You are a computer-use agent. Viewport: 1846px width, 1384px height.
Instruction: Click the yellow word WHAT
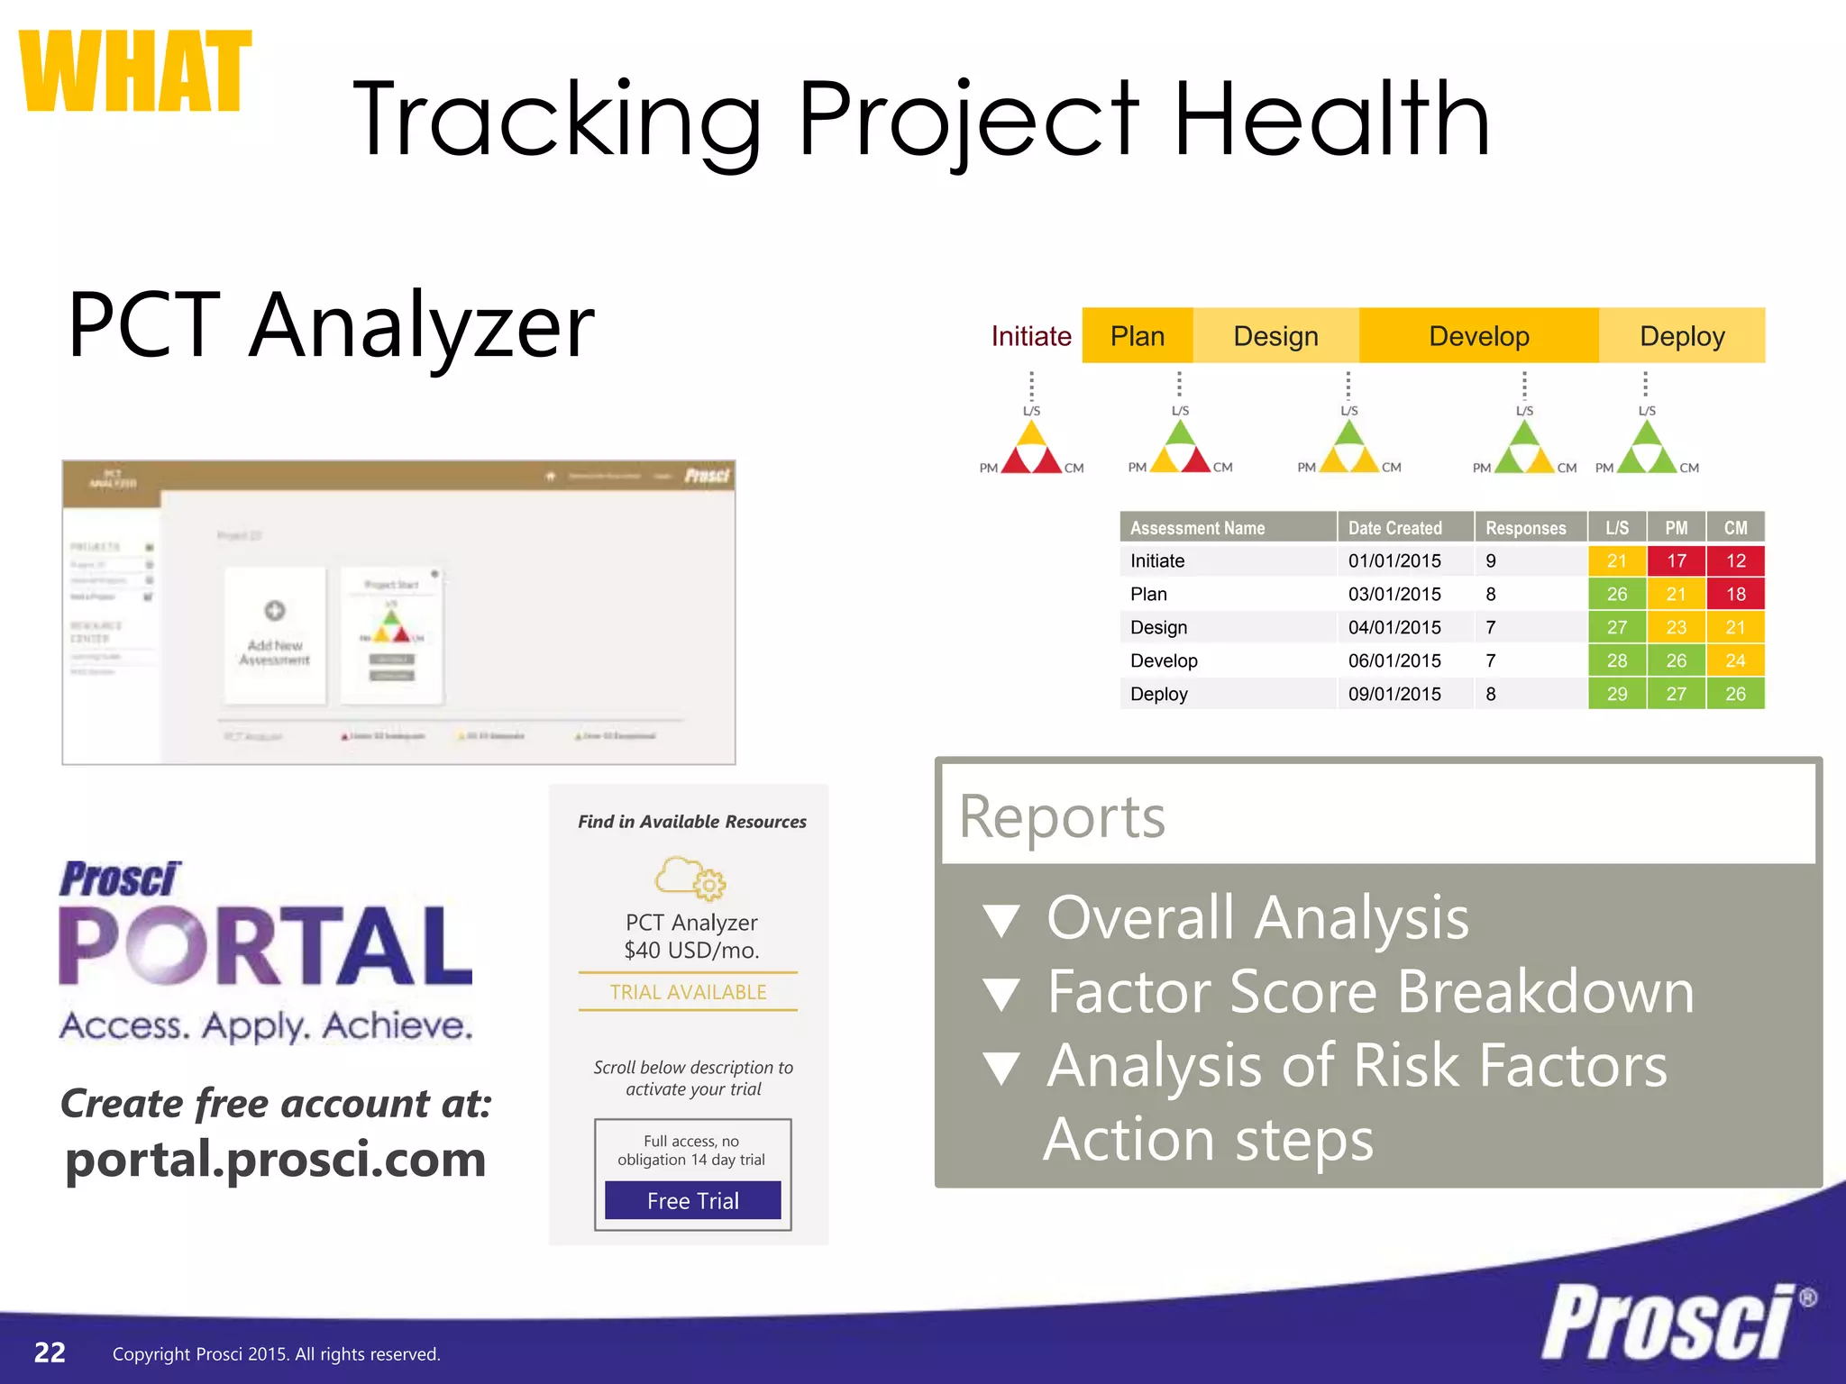click(135, 72)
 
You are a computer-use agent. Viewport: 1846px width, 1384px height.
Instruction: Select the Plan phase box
click(1138, 336)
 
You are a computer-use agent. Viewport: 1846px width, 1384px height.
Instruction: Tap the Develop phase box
click(1479, 336)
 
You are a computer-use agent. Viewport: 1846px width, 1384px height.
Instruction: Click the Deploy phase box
click(1682, 336)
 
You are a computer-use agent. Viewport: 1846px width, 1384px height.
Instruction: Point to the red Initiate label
click(1031, 336)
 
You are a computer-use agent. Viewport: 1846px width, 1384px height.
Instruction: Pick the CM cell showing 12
click(1735, 560)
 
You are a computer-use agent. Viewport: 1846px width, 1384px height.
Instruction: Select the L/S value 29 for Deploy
click(1617, 694)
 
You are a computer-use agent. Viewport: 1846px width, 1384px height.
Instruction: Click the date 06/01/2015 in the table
click(1394, 660)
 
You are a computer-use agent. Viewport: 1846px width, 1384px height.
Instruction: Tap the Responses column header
click(1525, 528)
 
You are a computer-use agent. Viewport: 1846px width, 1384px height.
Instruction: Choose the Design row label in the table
click(1158, 627)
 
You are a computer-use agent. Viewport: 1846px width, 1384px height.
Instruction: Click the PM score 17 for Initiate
click(1676, 560)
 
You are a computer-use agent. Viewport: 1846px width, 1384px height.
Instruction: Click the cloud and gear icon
click(690, 878)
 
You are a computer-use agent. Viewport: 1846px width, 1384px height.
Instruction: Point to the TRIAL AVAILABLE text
click(688, 992)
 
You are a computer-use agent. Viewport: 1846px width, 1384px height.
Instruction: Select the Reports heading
click(1062, 816)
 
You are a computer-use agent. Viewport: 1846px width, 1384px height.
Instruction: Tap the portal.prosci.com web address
click(276, 1159)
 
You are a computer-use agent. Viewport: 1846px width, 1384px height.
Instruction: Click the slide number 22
click(50, 1352)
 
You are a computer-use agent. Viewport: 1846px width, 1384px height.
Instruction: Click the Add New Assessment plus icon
click(275, 611)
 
